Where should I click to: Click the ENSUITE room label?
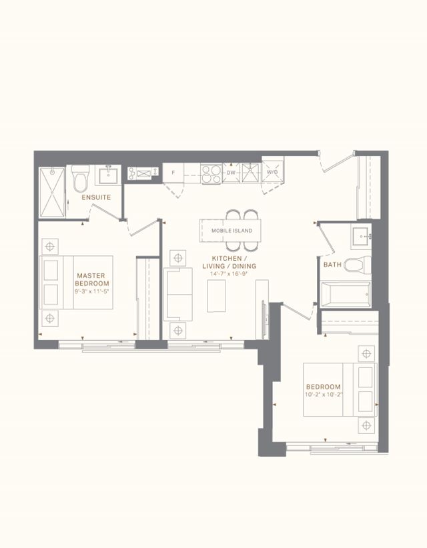(x=96, y=197)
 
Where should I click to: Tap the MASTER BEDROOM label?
(x=92, y=279)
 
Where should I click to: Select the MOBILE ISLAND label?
(x=232, y=231)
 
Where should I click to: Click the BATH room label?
(x=332, y=265)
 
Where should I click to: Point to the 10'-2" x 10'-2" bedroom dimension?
(x=323, y=395)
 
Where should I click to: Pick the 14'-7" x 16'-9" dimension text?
(x=229, y=274)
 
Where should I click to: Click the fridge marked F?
(x=173, y=173)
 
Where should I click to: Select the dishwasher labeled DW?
(x=231, y=173)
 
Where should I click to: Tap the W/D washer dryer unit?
(x=272, y=172)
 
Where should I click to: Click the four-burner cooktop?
(x=211, y=173)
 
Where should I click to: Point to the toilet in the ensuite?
(x=80, y=178)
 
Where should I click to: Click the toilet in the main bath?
(x=357, y=265)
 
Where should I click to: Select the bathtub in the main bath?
(x=346, y=294)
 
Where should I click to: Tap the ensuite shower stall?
(x=52, y=193)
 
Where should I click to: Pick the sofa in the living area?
(x=177, y=294)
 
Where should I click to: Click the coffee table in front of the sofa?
(x=216, y=296)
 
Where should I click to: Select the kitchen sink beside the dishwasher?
(x=250, y=173)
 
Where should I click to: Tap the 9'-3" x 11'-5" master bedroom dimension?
(x=92, y=291)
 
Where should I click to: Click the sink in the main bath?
(x=360, y=237)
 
